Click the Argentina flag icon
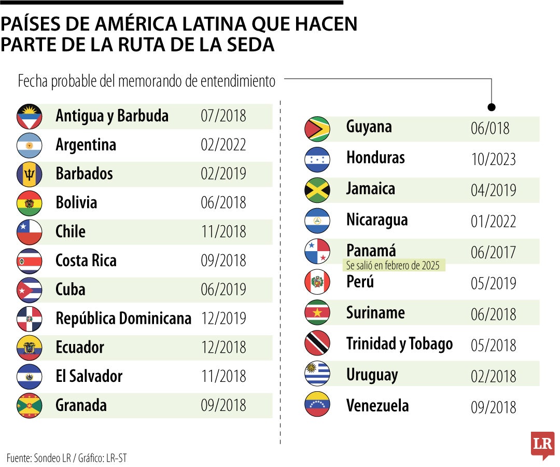click(x=29, y=145)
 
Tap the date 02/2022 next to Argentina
click(x=223, y=145)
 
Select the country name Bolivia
click(x=76, y=202)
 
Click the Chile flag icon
click(x=29, y=232)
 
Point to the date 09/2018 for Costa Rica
click(x=223, y=260)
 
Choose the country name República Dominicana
click(x=123, y=318)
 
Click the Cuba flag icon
click(x=29, y=290)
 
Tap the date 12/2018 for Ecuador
click(x=223, y=347)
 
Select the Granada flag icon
click(x=29, y=405)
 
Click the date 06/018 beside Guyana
click(x=490, y=128)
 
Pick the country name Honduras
click(x=375, y=158)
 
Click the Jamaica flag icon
click(x=317, y=190)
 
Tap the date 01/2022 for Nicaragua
click(x=493, y=221)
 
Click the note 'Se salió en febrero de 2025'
click(x=393, y=266)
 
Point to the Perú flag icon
click(x=317, y=282)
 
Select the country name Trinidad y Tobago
click(x=399, y=344)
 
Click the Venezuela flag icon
click(x=317, y=405)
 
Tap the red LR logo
click(x=542, y=445)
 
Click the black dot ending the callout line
click(x=492, y=107)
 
